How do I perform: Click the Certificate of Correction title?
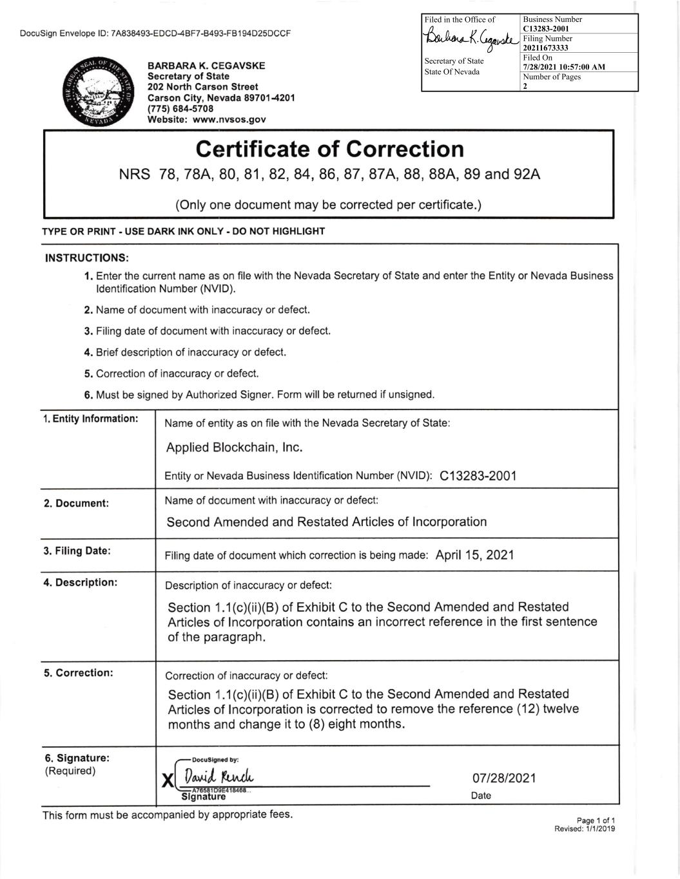pyautogui.click(x=329, y=149)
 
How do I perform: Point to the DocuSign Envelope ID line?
pyautogui.click(x=155, y=33)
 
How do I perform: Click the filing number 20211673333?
pyautogui.click(x=545, y=48)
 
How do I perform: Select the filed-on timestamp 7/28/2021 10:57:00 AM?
pyautogui.click(x=564, y=67)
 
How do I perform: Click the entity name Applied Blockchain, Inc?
pyautogui.click(x=235, y=447)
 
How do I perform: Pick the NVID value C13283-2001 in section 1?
pyautogui.click(x=478, y=476)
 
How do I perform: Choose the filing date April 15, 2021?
pyautogui.click(x=474, y=554)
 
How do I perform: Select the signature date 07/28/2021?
pyautogui.click(x=504, y=778)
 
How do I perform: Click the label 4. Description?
pyautogui.click(x=81, y=582)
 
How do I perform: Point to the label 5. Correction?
pyautogui.click(x=79, y=673)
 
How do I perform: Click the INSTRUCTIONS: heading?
pyautogui.click(x=87, y=258)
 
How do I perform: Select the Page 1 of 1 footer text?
pyautogui.click(x=596, y=820)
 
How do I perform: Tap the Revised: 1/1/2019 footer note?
pyautogui.click(x=585, y=829)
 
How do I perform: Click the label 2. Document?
pyautogui.click(x=76, y=503)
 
